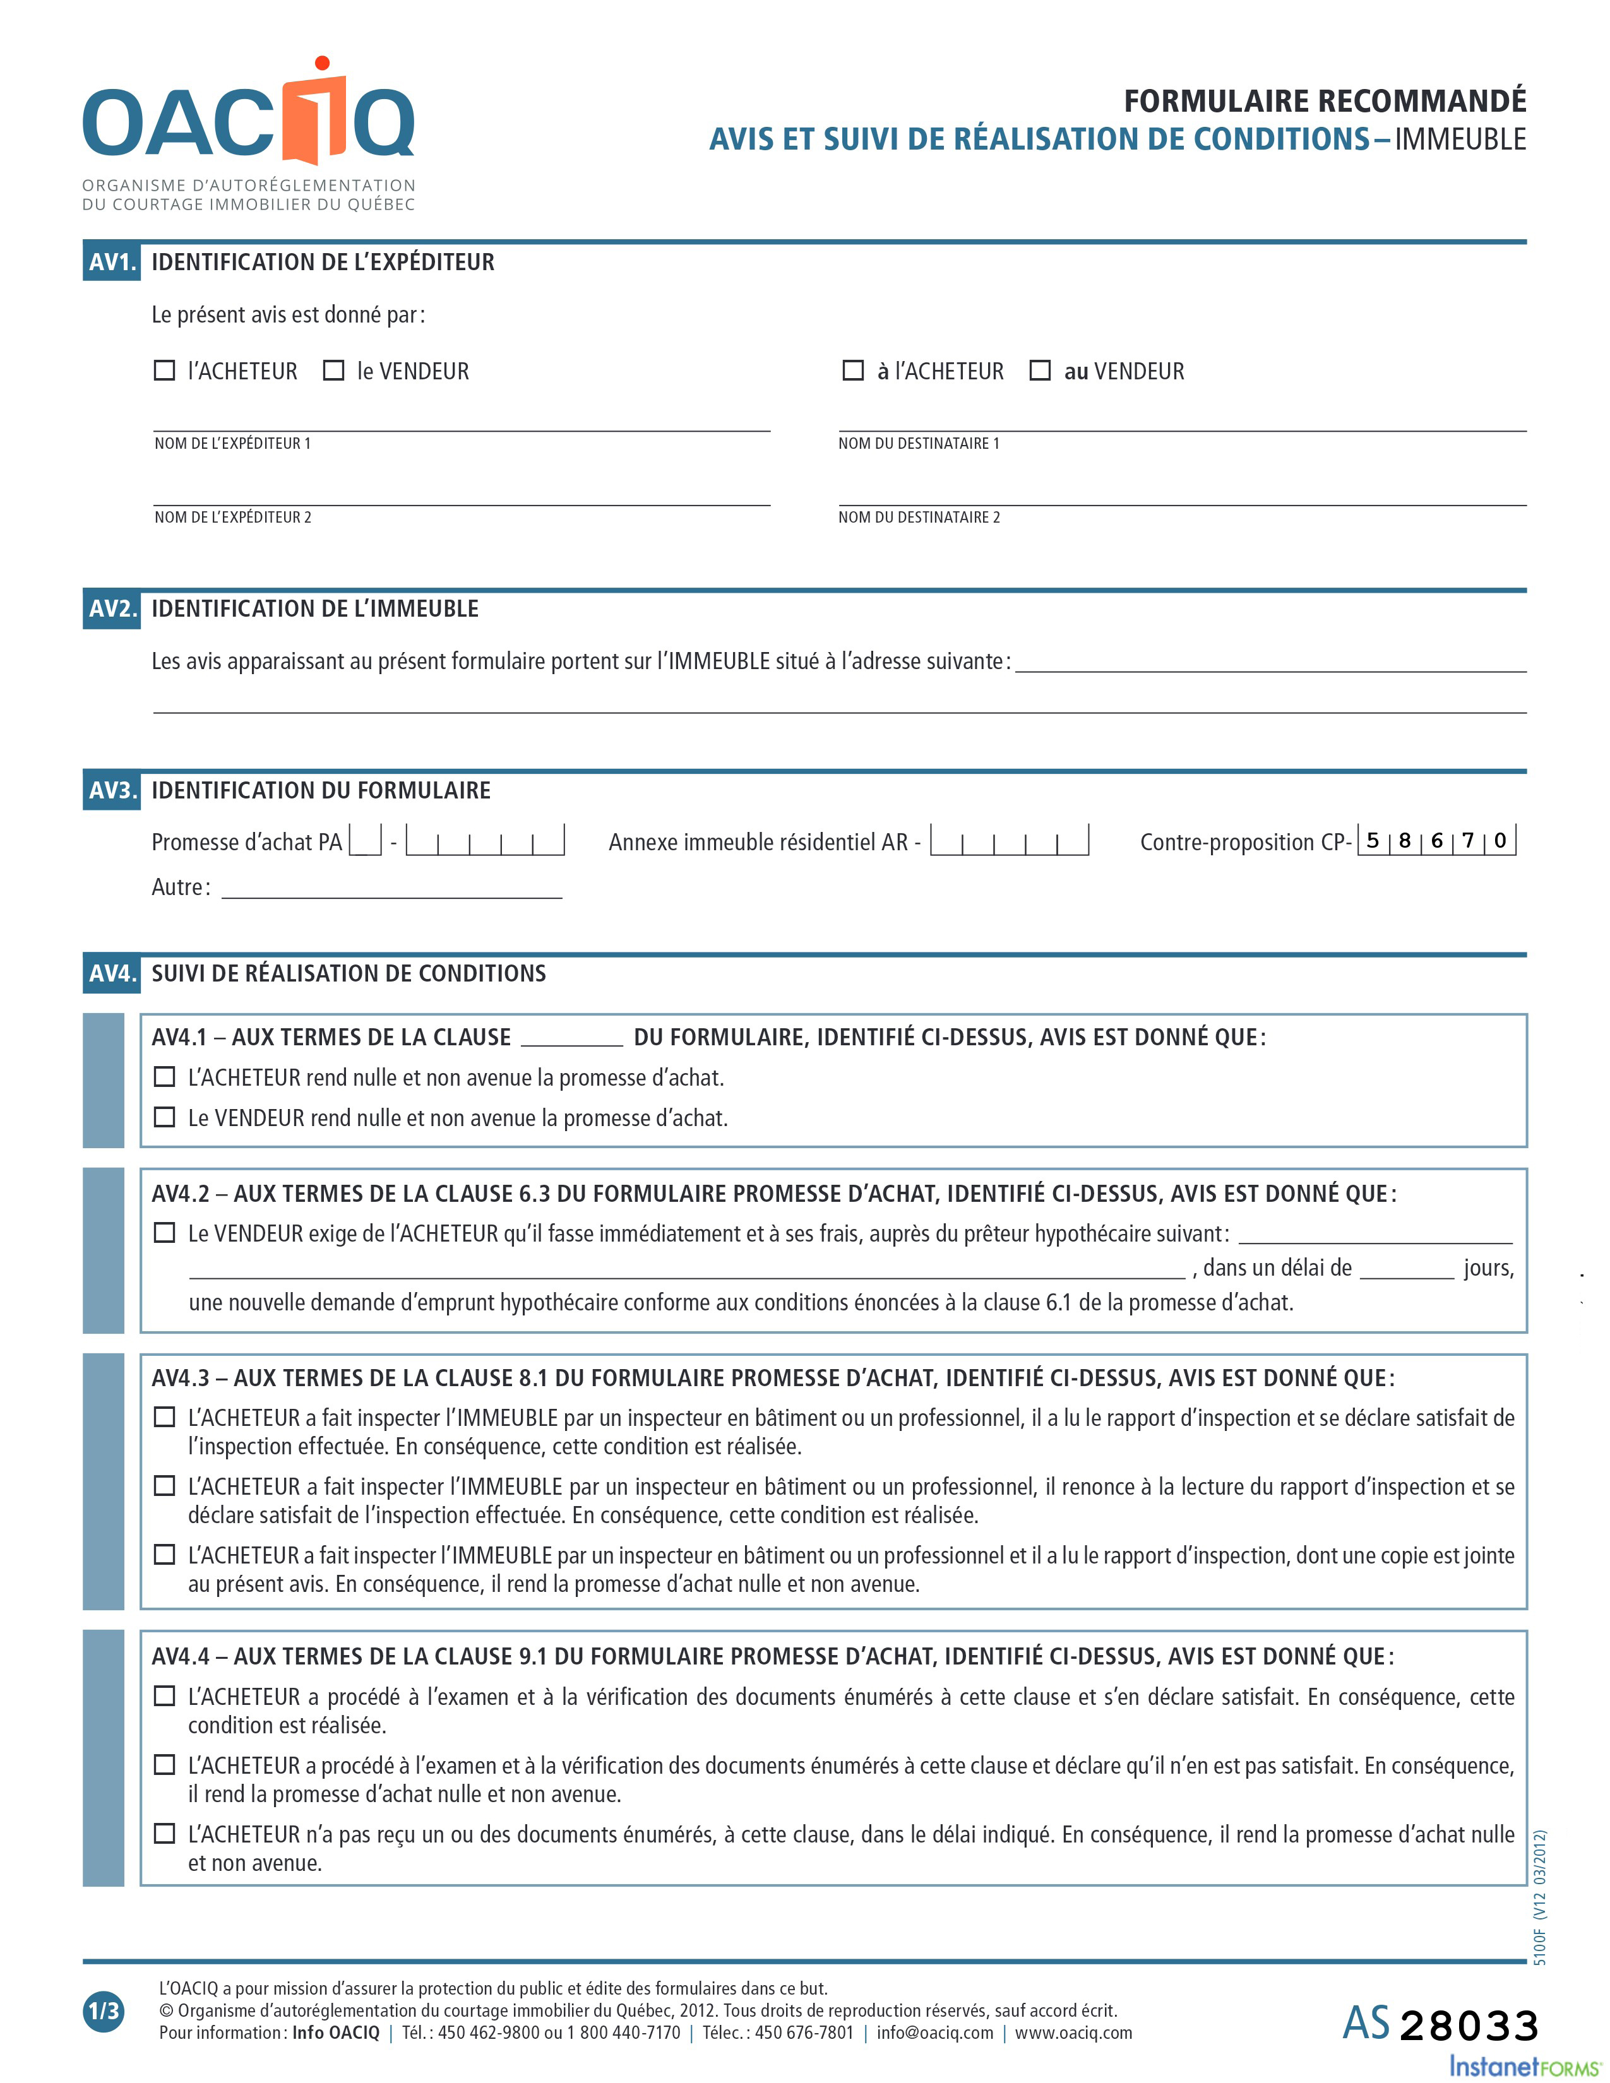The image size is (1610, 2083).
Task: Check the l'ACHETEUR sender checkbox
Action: [x=165, y=370]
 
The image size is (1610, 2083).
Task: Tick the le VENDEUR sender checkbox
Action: [x=334, y=370]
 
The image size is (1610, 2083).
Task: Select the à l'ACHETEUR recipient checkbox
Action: [x=854, y=370]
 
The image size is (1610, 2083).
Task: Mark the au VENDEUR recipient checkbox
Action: [x=1041, y=370]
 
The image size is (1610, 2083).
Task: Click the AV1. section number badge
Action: [x=112, y=263]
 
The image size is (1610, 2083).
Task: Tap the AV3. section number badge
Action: [x=112, y=791]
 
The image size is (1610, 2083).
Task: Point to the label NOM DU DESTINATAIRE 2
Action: [x=919, y=517]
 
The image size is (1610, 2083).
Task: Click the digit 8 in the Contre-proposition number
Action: [x=1405, y=840]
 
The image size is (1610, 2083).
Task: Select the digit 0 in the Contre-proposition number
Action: [x=1500, y=840]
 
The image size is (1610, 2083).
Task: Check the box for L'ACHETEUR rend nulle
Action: [x=165, y=1077]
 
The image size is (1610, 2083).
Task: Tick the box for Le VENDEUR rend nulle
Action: [x=165, y=1117]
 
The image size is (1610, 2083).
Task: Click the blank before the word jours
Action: [x=1407, y=1269]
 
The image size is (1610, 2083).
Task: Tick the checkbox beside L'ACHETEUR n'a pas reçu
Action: [x=165, y=1833]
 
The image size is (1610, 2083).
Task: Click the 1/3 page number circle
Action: [x=104, y=2012]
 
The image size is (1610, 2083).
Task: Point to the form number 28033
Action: [x=1469, y=2026]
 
